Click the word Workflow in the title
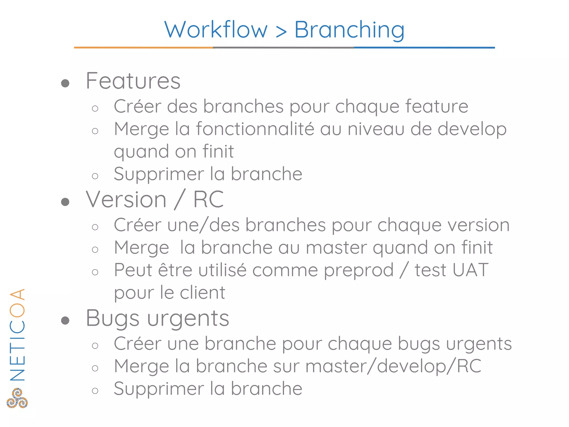tap(216, 30)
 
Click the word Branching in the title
tap(349, 30)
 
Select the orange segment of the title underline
tap(143, 48)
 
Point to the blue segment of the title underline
tap(424, 48)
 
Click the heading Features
tap(133, 81)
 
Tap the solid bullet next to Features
tap(65, 83)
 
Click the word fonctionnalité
tap(255, 129)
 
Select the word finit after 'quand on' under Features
tap(218, 152)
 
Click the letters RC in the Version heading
tap(208, 200)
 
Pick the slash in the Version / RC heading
tap(180, 200)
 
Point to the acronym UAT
tap(470, 270)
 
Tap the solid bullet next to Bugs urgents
tap(65, 321)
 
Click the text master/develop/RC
tap(393, 366)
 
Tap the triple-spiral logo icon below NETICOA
tap(17, 398)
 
